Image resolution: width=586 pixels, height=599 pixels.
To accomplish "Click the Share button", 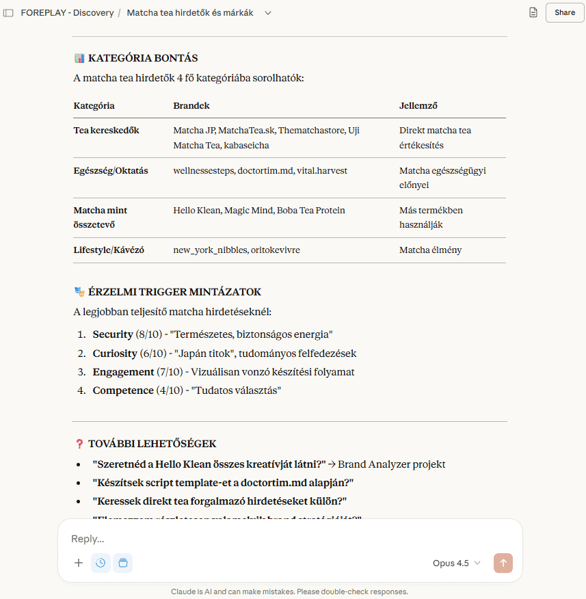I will (x=564, y=12).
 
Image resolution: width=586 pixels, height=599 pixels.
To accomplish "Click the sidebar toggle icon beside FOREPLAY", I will (x=8, y=13).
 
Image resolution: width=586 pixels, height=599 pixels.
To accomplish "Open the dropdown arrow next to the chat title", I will (x=267, y=13).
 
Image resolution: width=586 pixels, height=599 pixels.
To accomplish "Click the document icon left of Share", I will (x=533, y=12).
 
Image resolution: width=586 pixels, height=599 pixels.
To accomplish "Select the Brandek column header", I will (x=191, y=106).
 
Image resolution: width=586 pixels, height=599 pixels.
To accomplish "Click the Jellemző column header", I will (x=418, y=106).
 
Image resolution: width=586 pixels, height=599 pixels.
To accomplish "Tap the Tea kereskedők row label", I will (x=106, y=131).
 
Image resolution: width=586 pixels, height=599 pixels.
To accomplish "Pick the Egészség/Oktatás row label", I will (x=111, y=170).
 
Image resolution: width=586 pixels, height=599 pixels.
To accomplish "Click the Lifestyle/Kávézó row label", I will (x=109, y=250).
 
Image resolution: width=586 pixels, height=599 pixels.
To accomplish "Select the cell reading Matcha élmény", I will (x=430, y=250).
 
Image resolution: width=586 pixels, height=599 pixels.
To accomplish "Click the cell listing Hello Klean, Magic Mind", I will (x=259, y=211).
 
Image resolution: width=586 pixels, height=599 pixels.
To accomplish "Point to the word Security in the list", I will (x=113, y=335).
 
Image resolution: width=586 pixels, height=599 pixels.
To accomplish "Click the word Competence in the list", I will (x=123, y=390).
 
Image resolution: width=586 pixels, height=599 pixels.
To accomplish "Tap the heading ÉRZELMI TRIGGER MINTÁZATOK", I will (x=174, y=292).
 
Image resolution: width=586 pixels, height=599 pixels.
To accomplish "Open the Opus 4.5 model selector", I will (x=456, y=563).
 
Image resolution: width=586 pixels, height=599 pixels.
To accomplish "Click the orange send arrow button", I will (x=503, y=563).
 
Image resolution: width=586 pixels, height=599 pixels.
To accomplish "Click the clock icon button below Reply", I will (x=101, y=563).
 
